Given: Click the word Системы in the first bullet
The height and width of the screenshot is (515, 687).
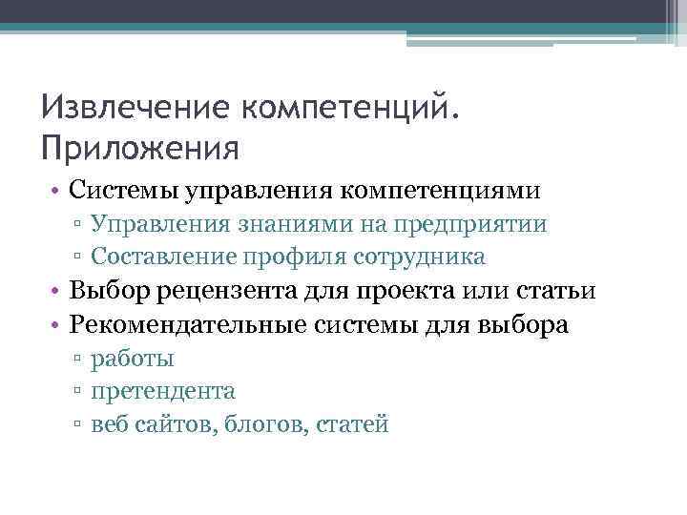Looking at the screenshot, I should [x=120, y=191].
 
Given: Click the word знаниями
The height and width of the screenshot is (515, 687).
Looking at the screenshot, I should [x=304, y=225].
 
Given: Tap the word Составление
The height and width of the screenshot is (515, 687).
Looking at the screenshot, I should [x=167, y=257].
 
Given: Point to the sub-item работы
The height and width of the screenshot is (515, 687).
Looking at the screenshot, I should [x=133, y=360].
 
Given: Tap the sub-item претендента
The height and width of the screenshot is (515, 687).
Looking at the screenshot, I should [x=163, y=392].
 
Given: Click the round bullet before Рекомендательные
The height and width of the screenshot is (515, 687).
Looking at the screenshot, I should [x=58, y=326].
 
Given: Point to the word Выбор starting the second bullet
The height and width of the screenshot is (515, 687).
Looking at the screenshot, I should [x=107, y=292].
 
